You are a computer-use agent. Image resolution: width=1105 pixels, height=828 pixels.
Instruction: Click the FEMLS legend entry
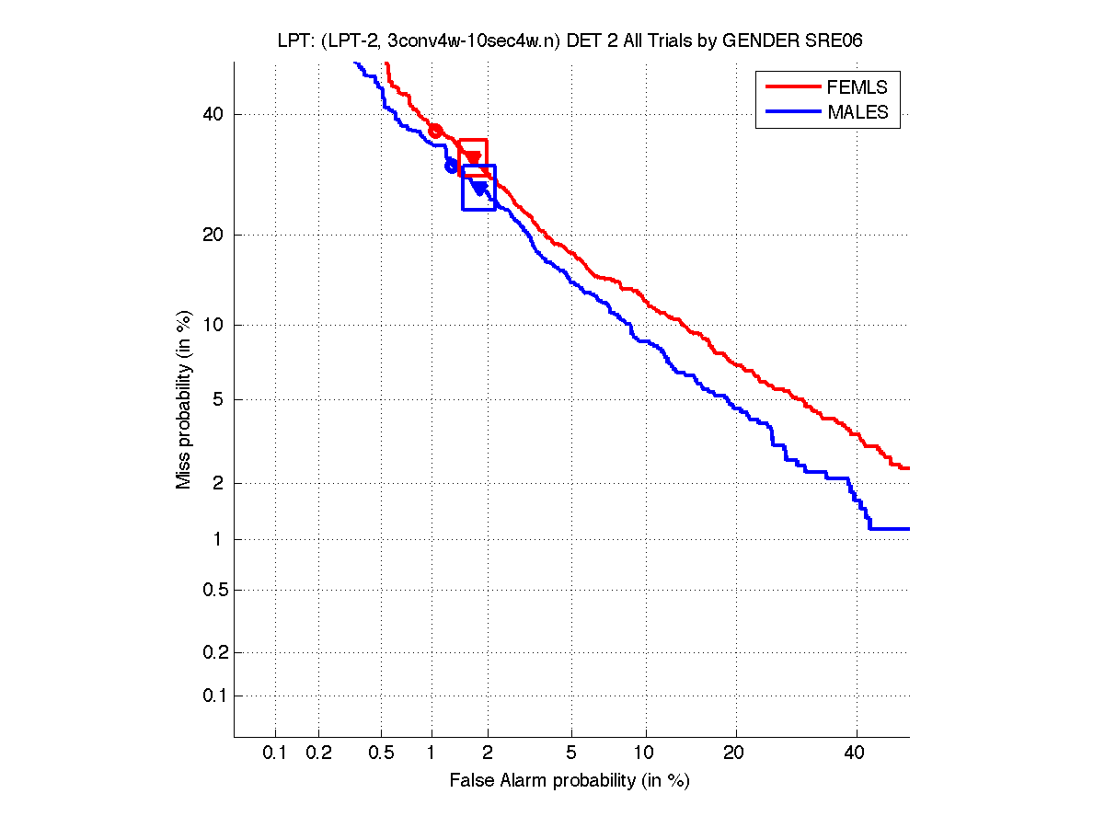[x=857, y=87]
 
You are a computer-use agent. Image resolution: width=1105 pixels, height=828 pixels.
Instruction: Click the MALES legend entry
[x=858, y=112]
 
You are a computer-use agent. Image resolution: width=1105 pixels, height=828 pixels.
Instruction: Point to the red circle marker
[x=436, y=131]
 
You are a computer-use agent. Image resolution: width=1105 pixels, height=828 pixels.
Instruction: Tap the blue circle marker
[x=451, y=166]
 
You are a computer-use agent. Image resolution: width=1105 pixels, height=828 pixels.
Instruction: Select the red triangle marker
[x=473, y=158]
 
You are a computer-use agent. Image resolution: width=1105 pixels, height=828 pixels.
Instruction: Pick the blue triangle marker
[x=478, y=188]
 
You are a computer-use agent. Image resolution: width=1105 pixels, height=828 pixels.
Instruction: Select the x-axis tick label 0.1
[x=275, y=753]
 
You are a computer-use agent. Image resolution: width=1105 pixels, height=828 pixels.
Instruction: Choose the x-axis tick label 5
[x=571, y=753]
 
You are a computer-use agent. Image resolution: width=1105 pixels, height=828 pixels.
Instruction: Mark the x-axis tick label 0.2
[x=318, y=753]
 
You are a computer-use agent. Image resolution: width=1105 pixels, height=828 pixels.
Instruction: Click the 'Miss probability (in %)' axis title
[x=184, y=400]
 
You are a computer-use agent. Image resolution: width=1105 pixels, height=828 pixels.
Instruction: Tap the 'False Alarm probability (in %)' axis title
[x=570, y=781]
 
